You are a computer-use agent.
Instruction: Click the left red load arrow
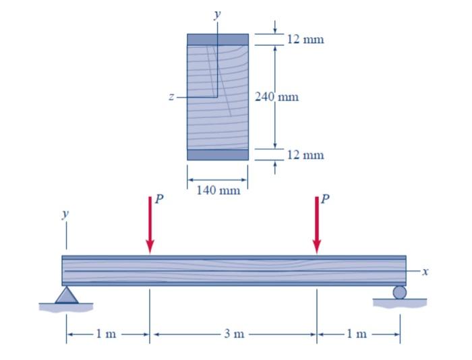tap(150, 226)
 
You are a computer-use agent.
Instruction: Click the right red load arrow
tap(316, 226)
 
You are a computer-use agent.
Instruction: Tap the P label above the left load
tap(159, 199)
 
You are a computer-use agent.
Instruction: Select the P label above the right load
tap(326, 199)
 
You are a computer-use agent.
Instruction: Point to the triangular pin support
tap(66, 295)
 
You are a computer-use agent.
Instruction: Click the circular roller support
tap(400, 292)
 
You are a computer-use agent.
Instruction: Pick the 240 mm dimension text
tap(277, 96)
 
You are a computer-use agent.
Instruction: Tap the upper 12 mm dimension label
tap(305, 39)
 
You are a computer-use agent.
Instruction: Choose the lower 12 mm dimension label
tap(305, 155)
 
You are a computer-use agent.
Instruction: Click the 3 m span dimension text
tap(233, 334)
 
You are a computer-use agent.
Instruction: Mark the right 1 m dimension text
tap(358, 334)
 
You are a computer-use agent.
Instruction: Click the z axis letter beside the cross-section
tap(172, 98)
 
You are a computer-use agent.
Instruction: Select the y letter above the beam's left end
tap(65, 214)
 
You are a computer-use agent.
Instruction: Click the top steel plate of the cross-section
tap(217, 39)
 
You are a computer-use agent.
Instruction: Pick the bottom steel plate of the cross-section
tap(217, 154)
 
